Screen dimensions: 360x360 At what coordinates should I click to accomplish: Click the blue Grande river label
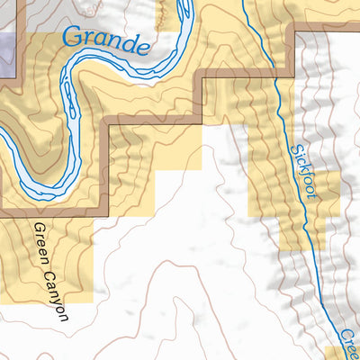coord(106,41)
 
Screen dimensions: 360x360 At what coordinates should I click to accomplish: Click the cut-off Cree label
coord(349,342)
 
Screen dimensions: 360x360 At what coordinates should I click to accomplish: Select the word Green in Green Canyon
coord(41,244)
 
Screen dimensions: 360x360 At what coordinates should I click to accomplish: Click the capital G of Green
coord(38,228)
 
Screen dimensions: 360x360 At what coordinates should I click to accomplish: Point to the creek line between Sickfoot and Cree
coord(325,279)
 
